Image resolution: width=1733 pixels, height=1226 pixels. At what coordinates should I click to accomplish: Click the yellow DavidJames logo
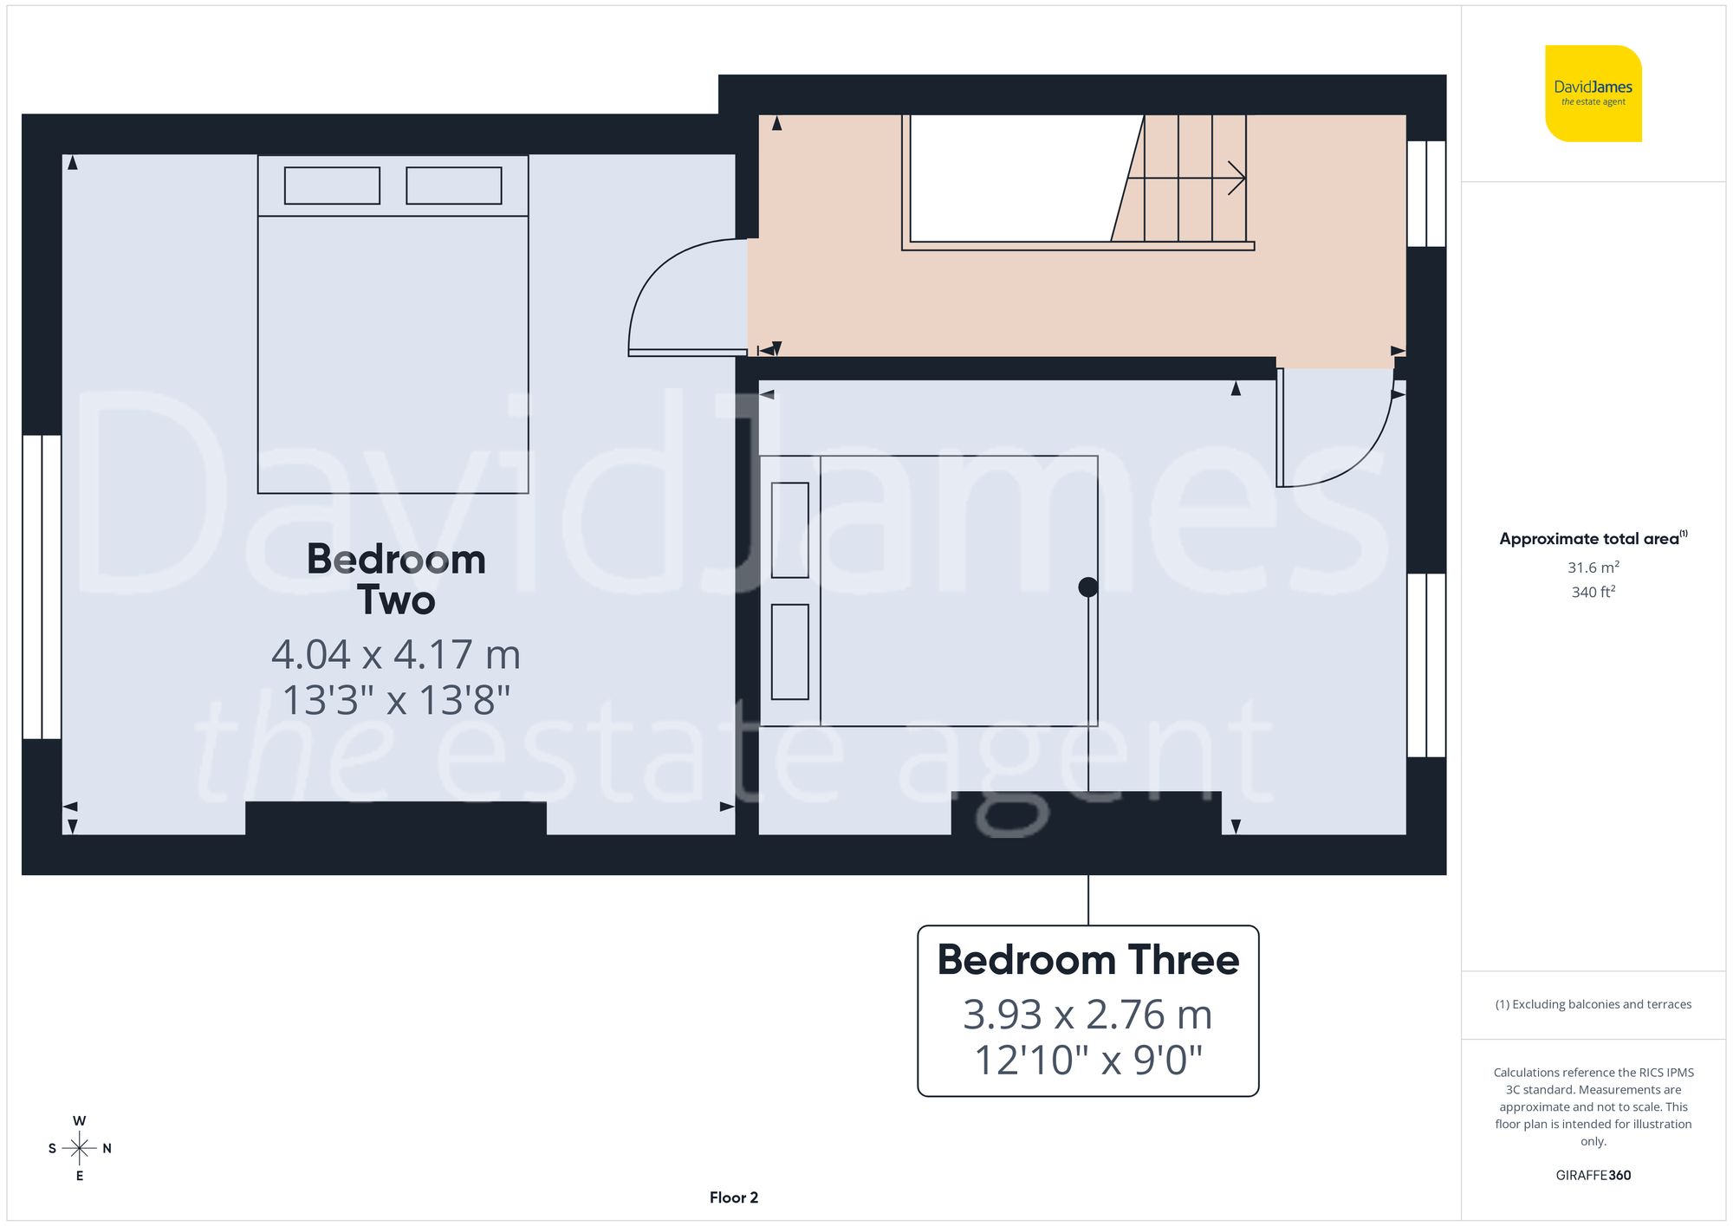pos(1593,94)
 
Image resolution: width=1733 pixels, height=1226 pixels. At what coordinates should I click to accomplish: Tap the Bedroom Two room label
pos(396,579)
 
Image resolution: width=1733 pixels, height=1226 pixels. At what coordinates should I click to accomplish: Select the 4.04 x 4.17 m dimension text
pos(396,654)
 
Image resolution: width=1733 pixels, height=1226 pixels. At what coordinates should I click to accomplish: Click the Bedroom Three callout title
pos(1087,960)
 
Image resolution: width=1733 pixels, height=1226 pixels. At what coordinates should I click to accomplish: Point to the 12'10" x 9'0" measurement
pos(1087,1060)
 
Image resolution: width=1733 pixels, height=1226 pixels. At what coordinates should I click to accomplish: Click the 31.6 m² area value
pos(1593,568)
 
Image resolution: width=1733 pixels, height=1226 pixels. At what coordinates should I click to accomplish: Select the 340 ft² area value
pos(1593,592)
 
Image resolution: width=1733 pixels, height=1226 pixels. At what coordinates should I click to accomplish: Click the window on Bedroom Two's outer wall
pos(42,587)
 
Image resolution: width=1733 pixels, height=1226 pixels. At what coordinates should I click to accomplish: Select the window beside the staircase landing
pos(1425,193)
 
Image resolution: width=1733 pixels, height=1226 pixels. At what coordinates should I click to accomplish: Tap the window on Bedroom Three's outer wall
pos(1425,665)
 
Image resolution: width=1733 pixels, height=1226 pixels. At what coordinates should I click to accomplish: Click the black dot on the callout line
pos(1088,587)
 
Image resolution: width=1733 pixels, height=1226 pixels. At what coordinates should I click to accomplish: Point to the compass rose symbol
pos(79,1149)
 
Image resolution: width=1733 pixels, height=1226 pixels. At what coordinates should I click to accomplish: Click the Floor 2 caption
pos(733,1197)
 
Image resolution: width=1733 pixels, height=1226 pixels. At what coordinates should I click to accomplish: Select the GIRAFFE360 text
pos(1593,1175)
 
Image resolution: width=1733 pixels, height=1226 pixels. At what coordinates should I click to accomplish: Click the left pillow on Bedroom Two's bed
pos(332,185)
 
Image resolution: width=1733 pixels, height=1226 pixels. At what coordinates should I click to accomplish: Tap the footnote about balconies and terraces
pos(1593,1004)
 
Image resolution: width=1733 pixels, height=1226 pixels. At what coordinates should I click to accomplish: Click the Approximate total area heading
pos(1593,538)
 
